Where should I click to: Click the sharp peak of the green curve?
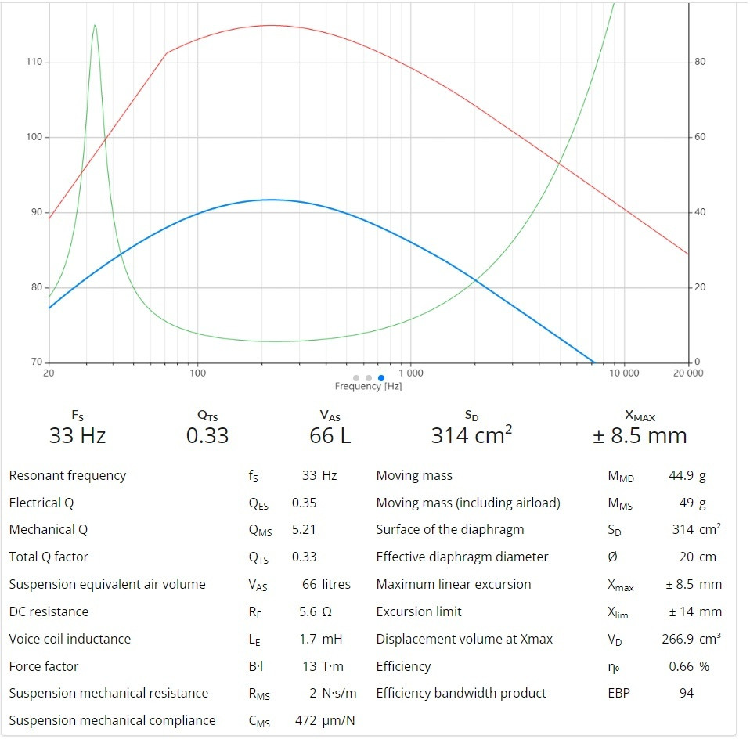95,25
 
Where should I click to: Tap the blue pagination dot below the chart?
381,378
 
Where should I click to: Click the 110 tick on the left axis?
35,63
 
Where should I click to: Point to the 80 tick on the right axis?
700,63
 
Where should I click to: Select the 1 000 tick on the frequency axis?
410,373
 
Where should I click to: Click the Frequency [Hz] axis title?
368,387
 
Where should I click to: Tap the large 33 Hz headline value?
77,435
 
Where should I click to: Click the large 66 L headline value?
330,435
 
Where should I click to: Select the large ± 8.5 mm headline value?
640,435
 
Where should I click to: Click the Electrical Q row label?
41,503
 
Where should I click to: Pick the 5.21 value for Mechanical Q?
304,529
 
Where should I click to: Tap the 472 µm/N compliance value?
324,720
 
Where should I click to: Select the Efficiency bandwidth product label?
461,693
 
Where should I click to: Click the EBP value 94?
686,693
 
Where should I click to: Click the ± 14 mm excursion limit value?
694,611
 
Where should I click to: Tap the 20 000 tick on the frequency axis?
687,373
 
